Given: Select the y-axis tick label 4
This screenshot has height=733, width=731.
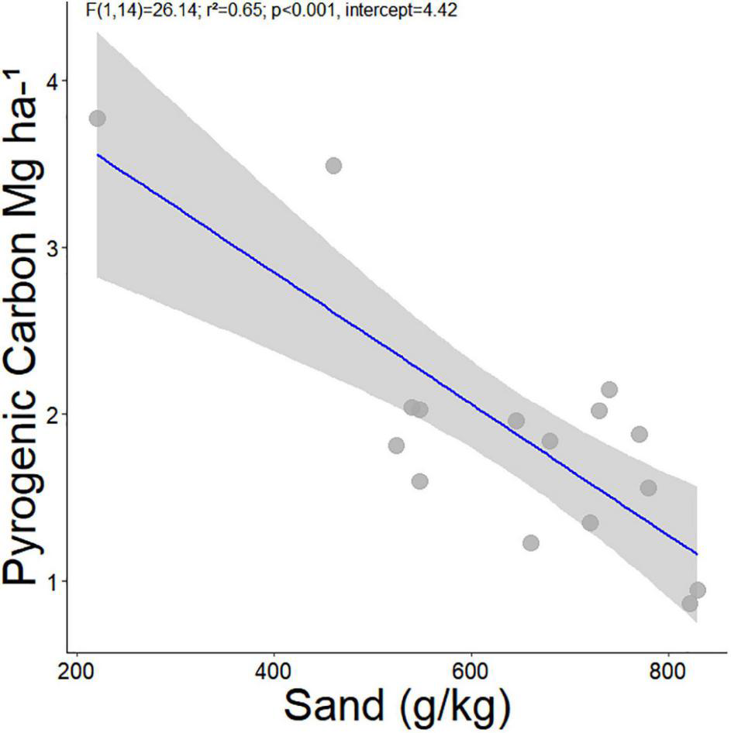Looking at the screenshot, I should (53, 81).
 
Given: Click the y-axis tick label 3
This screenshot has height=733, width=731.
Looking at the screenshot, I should (53, 248).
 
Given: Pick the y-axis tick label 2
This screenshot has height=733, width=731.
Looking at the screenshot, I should (53, 415).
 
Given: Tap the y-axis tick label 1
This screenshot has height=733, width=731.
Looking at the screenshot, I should (53, 581).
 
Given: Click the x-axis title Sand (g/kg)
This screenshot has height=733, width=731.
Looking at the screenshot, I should (396, 706).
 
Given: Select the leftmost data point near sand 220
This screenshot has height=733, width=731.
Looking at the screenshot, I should (97, 119).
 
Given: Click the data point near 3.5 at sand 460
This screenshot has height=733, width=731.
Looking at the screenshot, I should (333, 165).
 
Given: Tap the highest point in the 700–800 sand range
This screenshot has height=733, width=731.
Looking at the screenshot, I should (609, 389).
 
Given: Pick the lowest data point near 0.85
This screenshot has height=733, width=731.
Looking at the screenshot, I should (689, 604).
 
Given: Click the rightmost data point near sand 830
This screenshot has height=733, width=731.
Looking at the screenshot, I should (698, 590).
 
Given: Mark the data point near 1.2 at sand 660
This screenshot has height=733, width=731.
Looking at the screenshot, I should (531, 542).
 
